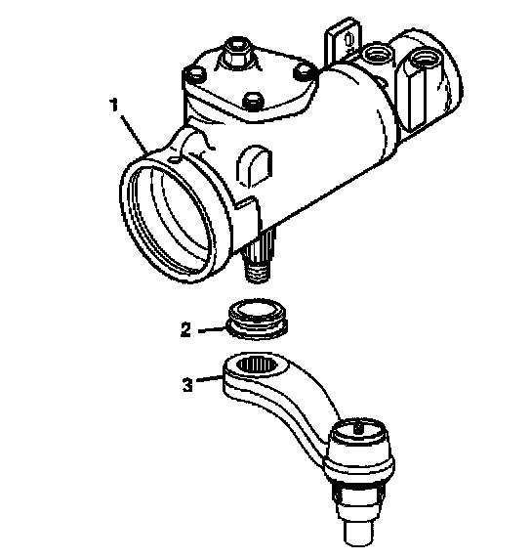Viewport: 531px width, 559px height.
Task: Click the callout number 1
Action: point(114,106)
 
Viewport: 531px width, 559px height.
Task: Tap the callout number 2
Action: point(185,329)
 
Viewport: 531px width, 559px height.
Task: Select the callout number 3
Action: point(187,385)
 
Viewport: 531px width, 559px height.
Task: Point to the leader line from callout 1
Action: point(135,134)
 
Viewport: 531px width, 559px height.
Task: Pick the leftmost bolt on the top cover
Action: point(195,75)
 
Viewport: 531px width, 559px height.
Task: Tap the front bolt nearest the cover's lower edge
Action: point(253,100)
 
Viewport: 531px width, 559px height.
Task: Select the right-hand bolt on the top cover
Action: point(304,72)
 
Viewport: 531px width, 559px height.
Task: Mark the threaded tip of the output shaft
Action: point(257,272)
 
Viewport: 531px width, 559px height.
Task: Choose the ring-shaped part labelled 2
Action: point(257,318)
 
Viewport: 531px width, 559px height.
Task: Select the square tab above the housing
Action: point(343,39)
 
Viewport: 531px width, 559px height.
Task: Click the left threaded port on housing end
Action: point(378,54)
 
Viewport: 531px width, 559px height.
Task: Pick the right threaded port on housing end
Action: point(423,57)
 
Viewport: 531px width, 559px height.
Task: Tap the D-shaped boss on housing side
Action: point(255,165)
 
